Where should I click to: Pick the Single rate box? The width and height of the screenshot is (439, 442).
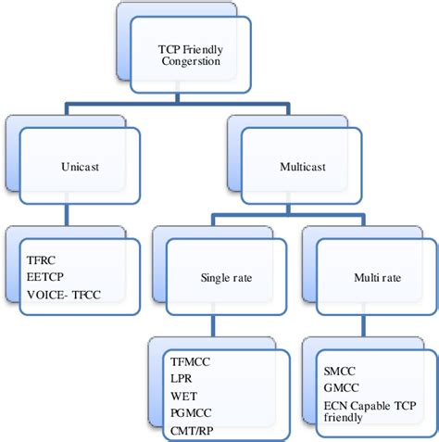[221, 275]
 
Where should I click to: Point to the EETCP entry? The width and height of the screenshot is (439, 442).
[47, 275]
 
